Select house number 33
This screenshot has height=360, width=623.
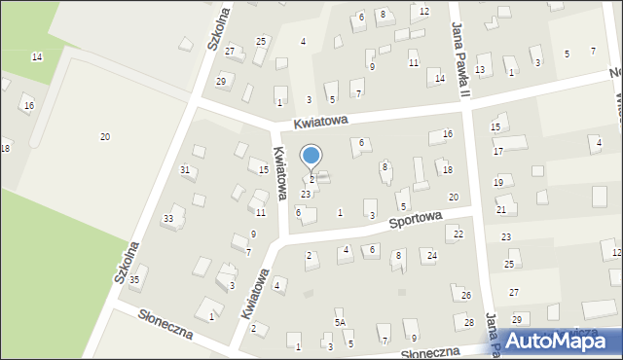(168, 218)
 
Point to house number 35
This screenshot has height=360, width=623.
(134, 280)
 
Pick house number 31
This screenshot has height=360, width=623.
(185, 170)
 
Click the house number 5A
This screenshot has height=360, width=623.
(340, 322)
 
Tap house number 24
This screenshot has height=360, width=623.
(432, 255)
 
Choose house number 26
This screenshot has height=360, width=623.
(466, 295)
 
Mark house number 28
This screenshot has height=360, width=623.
(468, 322)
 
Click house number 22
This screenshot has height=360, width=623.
(458, 234)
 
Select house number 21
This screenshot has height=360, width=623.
(501, 209)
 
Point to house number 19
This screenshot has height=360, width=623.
(498, 182)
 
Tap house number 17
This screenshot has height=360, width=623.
(497, 151)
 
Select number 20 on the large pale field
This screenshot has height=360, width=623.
(105, 136)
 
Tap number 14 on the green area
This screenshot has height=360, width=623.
(37, 57)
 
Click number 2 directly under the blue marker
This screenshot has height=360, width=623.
(311, 179)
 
